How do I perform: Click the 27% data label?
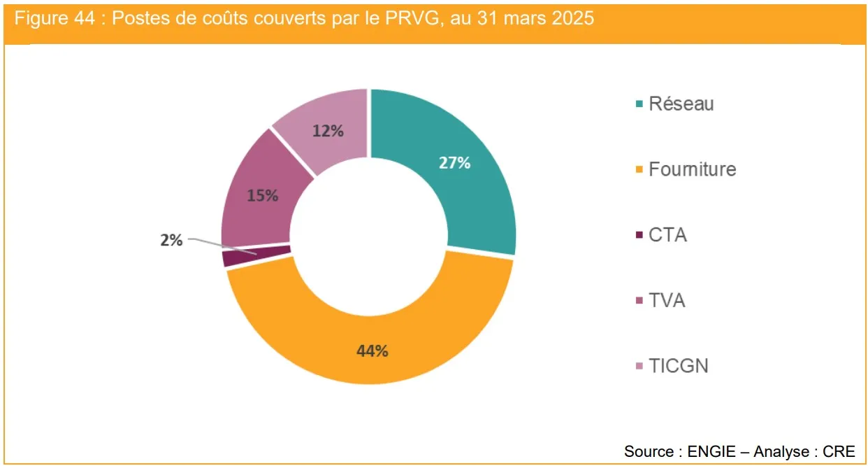tap(454, 163)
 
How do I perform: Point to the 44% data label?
tap(372, 351)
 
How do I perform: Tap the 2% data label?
tap(171, 241)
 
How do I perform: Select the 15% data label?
tap(262, 196)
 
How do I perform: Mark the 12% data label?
tap(328, 131)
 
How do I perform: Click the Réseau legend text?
tap(681, 104)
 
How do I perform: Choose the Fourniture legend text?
tap(692, 169)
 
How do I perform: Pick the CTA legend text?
tap(667, 235)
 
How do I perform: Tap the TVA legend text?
tap(667, 301)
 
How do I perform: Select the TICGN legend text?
tap(678, 366)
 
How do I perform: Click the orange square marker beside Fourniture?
tap(639, 170)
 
